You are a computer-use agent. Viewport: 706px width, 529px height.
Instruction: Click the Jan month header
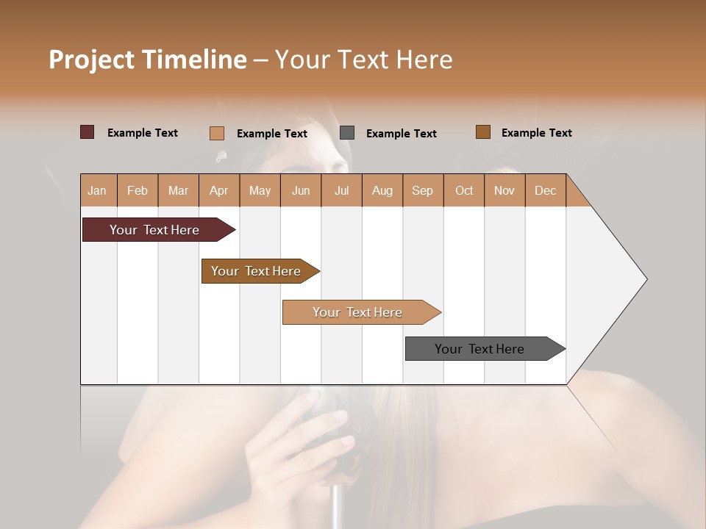click(x=97, y=190)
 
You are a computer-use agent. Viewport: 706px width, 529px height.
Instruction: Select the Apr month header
click(x=218, y=190)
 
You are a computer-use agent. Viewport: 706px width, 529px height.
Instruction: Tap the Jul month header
click(x=341, y=190)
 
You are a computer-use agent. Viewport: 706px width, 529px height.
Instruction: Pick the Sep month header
click(x=422, y=190)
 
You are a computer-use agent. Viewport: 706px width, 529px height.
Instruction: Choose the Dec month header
click(x=545, y=190)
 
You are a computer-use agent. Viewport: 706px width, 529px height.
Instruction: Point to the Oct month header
click(x=464, y=190)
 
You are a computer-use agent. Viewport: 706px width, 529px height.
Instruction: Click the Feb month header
click(x=138, y=190)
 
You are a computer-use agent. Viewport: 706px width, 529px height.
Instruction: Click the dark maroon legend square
click(x=87, y=132)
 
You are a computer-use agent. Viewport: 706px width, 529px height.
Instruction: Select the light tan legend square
click(x=216, y=133)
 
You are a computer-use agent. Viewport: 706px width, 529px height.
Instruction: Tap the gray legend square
click(x=347, y=133)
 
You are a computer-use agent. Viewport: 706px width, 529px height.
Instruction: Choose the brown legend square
click(x=482, y=132)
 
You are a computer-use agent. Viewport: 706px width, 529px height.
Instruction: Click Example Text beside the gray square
click(x=401, y=134)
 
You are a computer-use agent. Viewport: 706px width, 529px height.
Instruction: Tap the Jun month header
click(x=301, y=190)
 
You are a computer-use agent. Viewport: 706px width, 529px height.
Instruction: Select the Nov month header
click(x=504, y=190)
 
